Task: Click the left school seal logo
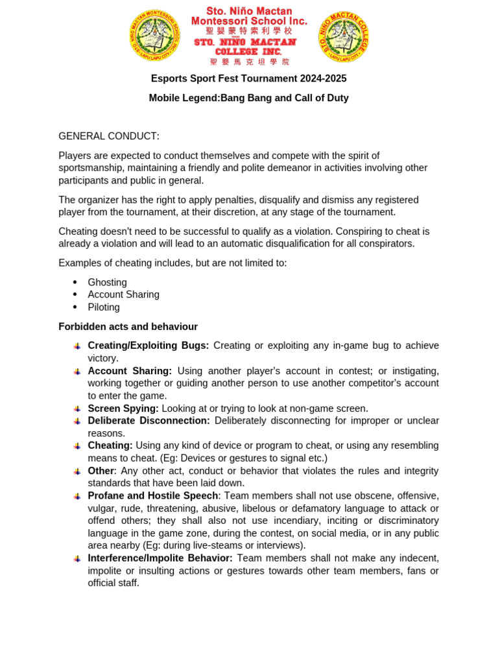154,36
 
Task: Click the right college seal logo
344,37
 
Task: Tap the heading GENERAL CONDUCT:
108,136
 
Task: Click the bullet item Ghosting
107,283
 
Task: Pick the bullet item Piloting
104,307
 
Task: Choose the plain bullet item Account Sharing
123,295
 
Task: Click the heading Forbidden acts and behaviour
128,327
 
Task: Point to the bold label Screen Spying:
123,409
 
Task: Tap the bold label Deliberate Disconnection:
148,421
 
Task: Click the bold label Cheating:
110,445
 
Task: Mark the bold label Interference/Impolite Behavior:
160,558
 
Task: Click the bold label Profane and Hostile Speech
154,496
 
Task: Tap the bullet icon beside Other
77,471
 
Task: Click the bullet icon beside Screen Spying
77,409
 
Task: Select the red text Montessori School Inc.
249,21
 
